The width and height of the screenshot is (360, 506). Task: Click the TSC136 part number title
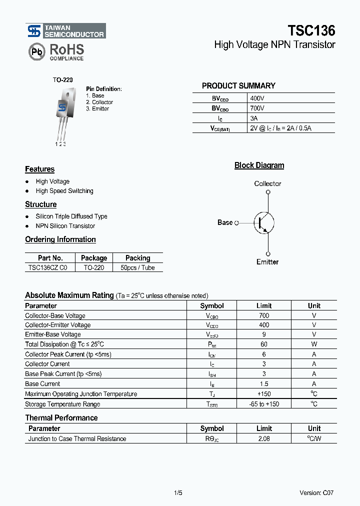click(x=311, y=30)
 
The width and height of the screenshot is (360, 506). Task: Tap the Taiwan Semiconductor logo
click(x=66, y=31)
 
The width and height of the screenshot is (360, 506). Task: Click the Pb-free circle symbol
click(x=35, y=52)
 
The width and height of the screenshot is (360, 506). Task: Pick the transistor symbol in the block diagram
click(x=263, y=222)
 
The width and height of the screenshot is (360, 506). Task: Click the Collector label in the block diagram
click(x=267, y=184)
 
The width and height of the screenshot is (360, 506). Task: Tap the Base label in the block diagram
click(x=225, y=222)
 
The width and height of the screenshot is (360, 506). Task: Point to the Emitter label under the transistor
click(x=267, y=262)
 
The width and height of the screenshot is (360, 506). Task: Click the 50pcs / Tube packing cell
click(x=137, y=268)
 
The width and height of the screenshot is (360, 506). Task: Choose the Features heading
click(x=39, y=169)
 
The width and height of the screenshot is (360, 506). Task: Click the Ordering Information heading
click(x=60, y=239)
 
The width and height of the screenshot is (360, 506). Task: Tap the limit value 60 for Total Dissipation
click(x=264, y=344)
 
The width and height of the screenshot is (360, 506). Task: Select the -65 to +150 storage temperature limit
click(x=264, y=404)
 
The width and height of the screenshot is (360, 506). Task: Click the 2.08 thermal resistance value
click(x=264, y=439)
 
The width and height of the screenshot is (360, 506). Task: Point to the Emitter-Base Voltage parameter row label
click(x=53, y=334)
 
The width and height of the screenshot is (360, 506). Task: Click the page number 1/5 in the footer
click(x=178, y=493)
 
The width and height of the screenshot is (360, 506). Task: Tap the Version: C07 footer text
click(x=316, y=493)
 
